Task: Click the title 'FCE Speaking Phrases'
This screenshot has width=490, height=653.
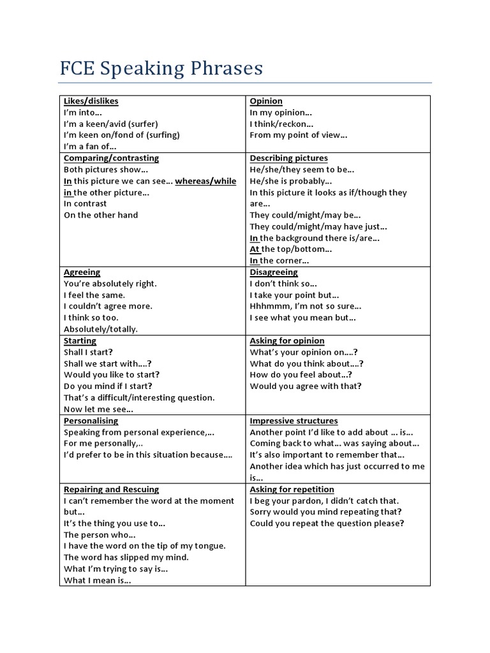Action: tap(161, 68)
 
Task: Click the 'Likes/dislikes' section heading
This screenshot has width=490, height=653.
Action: tap(91, 101)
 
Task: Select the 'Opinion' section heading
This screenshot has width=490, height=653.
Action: tap(266, 101)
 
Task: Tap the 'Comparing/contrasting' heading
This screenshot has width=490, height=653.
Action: tap(111, 158)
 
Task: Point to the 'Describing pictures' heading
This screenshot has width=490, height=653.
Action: tap(288, 158)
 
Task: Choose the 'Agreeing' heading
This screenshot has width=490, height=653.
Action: tap(82, 272)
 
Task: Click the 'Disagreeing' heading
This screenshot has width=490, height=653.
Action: tap(274, 272)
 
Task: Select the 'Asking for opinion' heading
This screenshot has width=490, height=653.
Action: tap(287, 341)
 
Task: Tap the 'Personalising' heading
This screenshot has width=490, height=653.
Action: tap(91, 421)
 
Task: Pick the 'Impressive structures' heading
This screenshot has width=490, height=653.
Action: tap(293, 421)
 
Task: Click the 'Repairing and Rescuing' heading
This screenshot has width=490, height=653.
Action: tap(111, 489)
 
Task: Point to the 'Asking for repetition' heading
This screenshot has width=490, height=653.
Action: tap(292, 489)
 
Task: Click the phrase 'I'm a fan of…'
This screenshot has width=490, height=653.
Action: tap(90, 147)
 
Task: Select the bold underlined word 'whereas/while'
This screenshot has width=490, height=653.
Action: tap(205, 181)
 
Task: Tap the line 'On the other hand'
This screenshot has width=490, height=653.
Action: tap(101, 215)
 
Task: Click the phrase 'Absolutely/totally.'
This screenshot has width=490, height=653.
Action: tap(101, 329)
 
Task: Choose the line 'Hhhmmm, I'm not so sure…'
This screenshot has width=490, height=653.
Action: tap(306, 306)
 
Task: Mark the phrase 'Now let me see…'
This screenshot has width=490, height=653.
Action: tap(98, 409)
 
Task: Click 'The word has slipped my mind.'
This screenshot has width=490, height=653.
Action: tap(126, 557)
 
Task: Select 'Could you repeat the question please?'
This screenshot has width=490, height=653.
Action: tap(327, 524)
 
